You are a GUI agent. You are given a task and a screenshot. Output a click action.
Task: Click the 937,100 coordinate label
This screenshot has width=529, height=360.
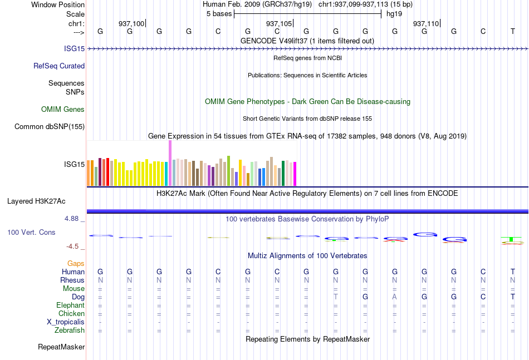(131, 23)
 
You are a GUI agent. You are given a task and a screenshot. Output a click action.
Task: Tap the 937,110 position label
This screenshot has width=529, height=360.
(426, 23)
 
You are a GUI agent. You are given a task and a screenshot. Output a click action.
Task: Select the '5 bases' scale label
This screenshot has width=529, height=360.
(219, 14)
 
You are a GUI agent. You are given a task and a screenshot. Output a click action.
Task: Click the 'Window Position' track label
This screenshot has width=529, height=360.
(58, 4)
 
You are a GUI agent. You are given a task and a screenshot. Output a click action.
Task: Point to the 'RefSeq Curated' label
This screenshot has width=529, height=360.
(59, 66)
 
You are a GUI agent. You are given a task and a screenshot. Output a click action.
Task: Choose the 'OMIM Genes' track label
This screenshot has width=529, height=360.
(63, 109)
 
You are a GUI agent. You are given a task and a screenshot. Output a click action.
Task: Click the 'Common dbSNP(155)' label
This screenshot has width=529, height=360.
(50, 126)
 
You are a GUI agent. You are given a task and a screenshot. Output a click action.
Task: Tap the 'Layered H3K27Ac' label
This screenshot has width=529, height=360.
(36, 201)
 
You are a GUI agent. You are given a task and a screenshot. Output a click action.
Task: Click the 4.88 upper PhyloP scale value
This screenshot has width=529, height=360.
(71, 219)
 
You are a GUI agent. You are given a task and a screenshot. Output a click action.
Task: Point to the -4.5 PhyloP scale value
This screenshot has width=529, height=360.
(72, 246)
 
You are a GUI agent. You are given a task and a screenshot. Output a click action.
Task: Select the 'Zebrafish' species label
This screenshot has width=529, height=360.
(70, 331)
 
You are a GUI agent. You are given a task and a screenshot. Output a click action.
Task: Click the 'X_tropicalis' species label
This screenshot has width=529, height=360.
(66, 322)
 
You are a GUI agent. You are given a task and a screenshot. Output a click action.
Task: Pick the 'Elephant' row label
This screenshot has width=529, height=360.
(71, 305)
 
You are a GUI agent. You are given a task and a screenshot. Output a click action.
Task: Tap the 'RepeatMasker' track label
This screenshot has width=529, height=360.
(61, 347)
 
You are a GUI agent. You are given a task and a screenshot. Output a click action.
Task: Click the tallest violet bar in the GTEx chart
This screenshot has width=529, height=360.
(170, 163)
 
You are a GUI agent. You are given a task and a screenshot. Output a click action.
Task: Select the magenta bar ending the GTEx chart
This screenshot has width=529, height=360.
(295, 174)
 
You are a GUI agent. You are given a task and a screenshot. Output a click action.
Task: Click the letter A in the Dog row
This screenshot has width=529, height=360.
(395, 297)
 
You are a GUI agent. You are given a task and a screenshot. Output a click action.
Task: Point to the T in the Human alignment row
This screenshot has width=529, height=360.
(513, 272)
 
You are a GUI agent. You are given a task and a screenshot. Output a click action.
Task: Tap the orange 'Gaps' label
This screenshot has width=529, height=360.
(76, 263)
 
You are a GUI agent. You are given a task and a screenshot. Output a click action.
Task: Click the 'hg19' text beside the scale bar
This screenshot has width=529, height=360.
(394, 14)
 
